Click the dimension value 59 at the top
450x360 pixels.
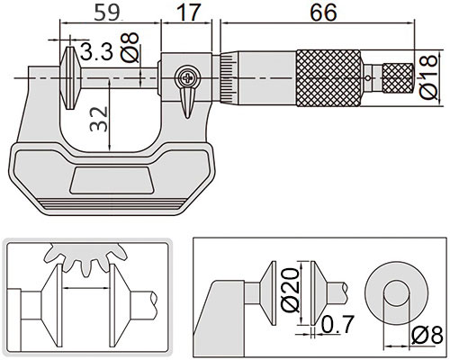click(106, 13)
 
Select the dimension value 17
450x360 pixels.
click(187, 13)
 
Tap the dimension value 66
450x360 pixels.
click(323, 13)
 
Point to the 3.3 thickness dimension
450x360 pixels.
click(96, 51)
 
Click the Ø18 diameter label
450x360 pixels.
click(428, 76)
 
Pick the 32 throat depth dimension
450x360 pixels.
click(99, 119)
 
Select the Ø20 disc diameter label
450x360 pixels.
click(290, 290)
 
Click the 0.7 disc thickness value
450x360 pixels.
click(337, 324)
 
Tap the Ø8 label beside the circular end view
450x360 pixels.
click(427, 336)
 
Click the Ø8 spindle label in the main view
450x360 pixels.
click(130, 47)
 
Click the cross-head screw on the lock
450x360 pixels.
click(187, 78)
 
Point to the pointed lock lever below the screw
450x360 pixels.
click(187, 103)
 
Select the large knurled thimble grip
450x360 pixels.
click(328, 78)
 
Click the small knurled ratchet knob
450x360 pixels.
click(398, 78)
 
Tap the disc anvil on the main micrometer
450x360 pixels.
click(71, 78)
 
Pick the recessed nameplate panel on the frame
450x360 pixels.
click(112, 180)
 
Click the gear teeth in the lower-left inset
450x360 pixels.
click(85, 257)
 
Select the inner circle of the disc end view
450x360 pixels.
click(397, 293)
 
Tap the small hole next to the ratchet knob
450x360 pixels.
click(368, 78)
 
